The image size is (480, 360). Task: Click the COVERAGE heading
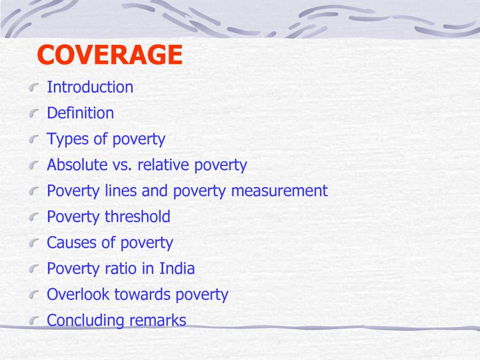tap(110, 55)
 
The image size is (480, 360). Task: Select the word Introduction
tap(90, 87)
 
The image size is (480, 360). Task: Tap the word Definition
tap(81, 113)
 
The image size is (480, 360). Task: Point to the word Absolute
tap(77, 165)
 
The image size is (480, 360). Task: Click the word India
tap(177, 268)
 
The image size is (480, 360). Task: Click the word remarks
tap(157, 321)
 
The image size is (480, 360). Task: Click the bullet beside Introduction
tap(35, 87)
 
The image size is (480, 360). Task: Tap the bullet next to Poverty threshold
tap(35, 217)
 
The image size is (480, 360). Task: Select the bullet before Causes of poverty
tap(35, 243)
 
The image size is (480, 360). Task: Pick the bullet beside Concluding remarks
tap(35, 321)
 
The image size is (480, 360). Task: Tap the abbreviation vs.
tap(122, 165)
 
